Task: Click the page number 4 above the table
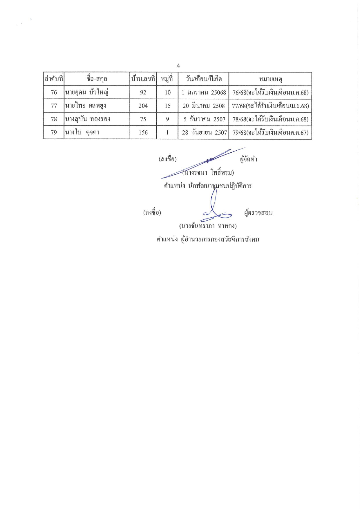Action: click(178, 66)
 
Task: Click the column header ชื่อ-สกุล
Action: click(97, 79)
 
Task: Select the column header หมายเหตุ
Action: click(270, 79)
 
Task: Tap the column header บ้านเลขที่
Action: click(143, 79)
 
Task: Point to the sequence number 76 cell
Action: click(54, 92)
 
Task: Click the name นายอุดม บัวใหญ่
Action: click(87, 92)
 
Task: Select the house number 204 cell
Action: click(143, 106)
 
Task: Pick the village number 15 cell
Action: click(167, 106)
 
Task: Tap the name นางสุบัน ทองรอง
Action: click(88, 119)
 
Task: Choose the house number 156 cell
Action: click(143, 132)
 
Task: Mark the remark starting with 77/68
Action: click(270, 106)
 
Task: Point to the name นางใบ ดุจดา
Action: click(82, 132)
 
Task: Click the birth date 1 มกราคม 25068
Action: click(204, 92)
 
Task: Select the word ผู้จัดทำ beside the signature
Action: click(249, 159)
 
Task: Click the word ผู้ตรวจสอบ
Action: click(258, 213)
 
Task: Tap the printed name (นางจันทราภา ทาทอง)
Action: click(208, 226)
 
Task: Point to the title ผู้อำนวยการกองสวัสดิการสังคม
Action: click(220, 239)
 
